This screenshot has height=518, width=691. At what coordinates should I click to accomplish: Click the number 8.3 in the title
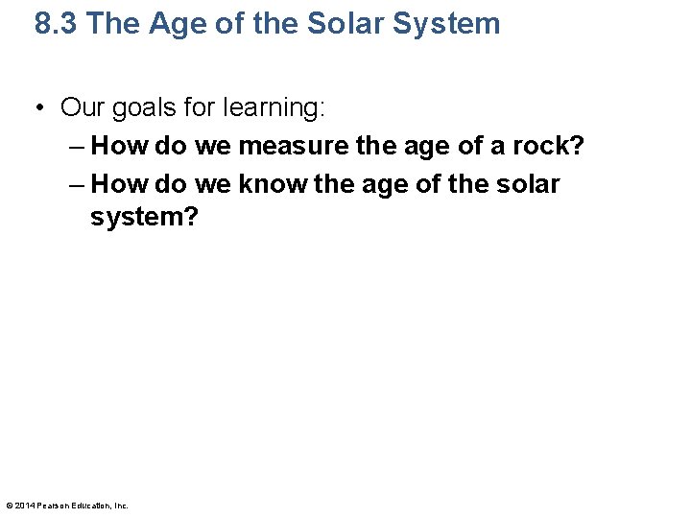pyautogui.click(x=56, y=23)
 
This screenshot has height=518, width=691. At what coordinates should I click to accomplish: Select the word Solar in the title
pyautogui.click(x=347, y=23)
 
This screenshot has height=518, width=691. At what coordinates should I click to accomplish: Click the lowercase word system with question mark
pyautogui.click(x=144, y=218)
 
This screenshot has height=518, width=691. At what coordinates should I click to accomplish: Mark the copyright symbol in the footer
pyautogui.click(x=10, y=506)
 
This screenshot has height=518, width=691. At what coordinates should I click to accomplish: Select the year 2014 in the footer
pyautogui.click(x=25, y=506)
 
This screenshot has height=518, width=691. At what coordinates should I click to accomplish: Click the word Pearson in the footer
pyautogui.click(x=53, y=506)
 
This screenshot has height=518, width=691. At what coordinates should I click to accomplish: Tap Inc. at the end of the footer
pyautogui.click(x=122, y=506)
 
